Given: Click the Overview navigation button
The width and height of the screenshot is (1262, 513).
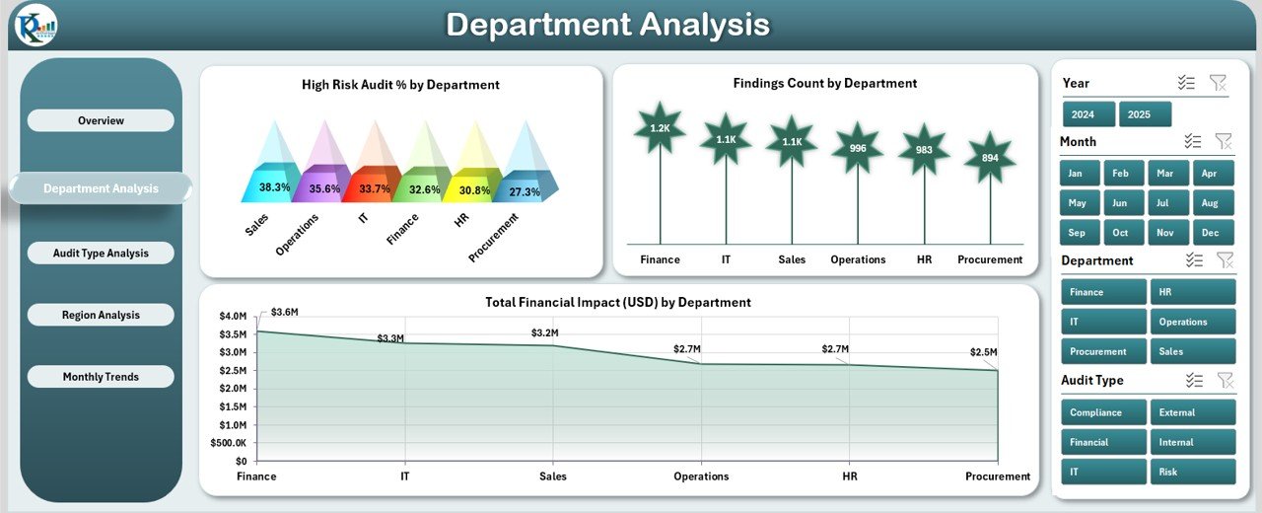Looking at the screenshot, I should click(101, 120).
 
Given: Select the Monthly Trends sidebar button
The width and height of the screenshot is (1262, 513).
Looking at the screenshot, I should click(101, 377).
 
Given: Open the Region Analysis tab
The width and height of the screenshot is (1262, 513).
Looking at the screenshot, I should click(101, 315).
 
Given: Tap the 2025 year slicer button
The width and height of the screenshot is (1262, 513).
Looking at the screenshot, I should click(1145, 114).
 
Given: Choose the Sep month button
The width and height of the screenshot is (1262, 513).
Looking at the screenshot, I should click(1076, 233).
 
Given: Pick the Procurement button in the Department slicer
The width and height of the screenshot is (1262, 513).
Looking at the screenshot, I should click(1103, 351).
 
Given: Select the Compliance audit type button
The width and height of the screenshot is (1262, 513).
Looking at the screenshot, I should click(1103, 412).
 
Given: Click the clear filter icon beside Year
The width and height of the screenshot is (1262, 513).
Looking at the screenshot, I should click(1218, 83).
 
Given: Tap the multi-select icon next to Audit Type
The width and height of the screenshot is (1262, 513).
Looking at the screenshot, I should click(1194, 380).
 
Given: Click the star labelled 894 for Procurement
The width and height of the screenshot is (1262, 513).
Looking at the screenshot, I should click(990, 158).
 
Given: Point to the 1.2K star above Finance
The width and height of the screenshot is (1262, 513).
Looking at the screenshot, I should click(660, 128).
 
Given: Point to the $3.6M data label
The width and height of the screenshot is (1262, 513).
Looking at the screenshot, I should click(284, 313).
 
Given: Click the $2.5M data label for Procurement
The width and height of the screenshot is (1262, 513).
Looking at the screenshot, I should click(982, 352).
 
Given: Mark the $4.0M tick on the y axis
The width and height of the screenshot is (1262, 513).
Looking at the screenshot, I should click(233, 317).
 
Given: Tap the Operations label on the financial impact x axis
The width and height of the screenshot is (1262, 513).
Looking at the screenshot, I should click(701, 476).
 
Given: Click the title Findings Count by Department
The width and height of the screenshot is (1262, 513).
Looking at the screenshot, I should click(824, 84).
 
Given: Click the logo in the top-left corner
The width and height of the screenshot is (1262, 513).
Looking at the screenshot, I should click(34, 25).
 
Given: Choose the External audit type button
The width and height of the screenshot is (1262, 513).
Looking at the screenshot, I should click(1192, 412).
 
